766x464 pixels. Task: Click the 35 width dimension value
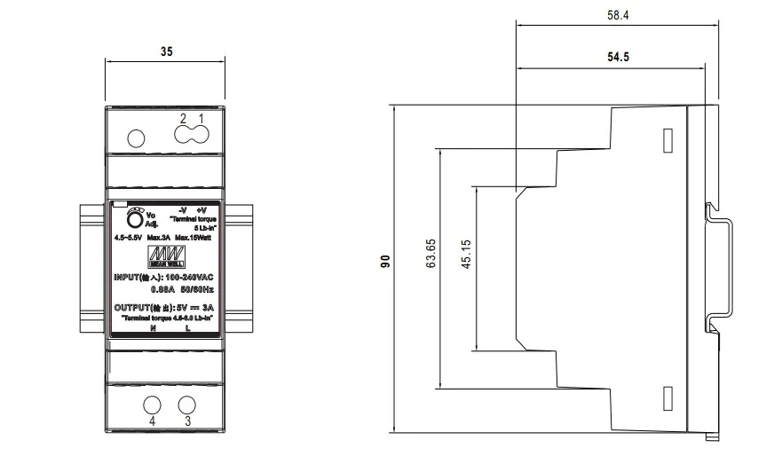point(167,52)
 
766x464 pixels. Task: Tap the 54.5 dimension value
point(619,58)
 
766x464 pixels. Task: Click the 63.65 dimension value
point(431,254)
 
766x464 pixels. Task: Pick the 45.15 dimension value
point(468,254)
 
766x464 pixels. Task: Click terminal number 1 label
point(201,119)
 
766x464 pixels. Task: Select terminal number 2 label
point(184,119)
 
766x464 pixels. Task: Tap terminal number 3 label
point(187,422)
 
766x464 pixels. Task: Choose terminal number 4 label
point(152,422)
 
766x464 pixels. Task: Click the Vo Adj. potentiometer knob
point(134,220)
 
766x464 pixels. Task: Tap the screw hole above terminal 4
point(152,405)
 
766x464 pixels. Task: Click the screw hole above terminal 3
point(187,405)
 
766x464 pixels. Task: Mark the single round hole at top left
point(137,138)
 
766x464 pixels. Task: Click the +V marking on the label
point(201,209)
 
